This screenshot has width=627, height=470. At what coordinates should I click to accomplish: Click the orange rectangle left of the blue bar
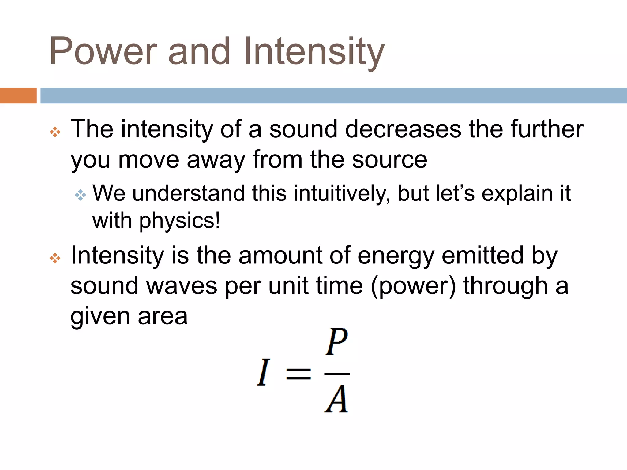(18, 95)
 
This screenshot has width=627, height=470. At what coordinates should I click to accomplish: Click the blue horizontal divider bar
(333, 95)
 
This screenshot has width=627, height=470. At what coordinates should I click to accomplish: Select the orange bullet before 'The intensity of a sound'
(55, 132)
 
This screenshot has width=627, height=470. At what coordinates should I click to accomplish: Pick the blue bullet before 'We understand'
(80, 195)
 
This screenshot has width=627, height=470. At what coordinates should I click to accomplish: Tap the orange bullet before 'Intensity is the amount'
(55, 258)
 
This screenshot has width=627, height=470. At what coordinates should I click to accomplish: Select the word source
(389, 160)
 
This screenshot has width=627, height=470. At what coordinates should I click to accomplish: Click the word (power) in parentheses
(413, 286)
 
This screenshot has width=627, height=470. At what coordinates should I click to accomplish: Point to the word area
(163, 317)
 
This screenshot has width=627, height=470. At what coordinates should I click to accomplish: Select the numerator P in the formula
(336, 341)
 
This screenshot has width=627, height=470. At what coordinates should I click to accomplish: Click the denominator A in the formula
(336, 399)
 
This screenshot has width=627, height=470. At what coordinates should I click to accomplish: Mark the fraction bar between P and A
(337, 374)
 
